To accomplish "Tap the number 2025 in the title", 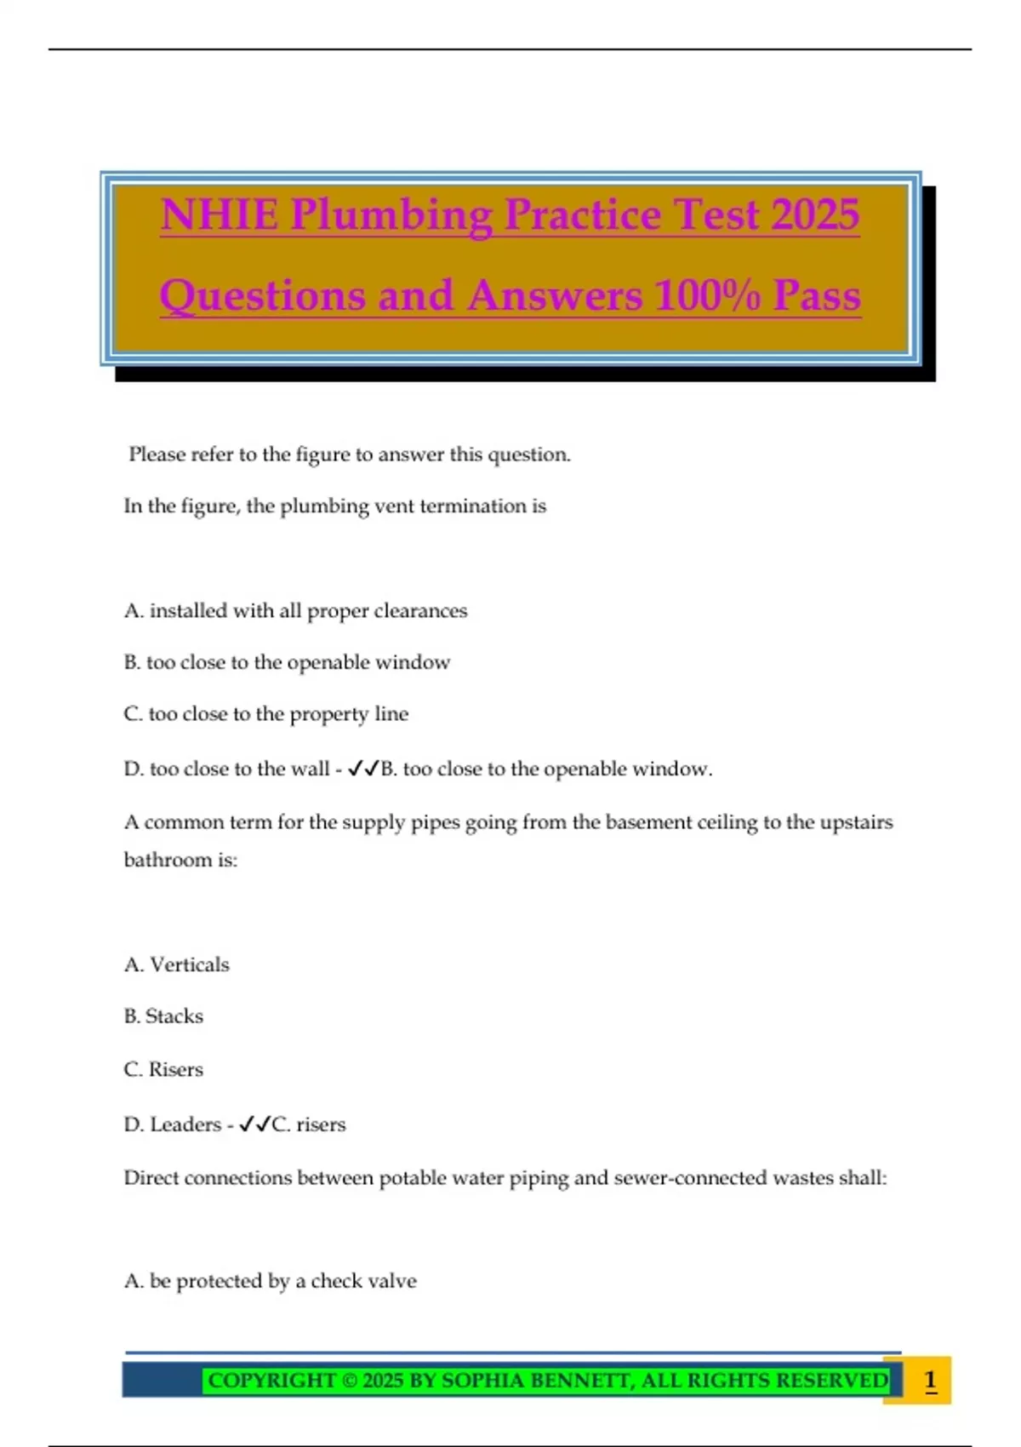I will click(815, 214).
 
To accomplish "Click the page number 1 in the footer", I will click(930, 1380).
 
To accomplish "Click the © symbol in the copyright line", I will click(349, 1380).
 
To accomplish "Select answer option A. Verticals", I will click(177, 964).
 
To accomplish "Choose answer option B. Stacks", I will click(163, 1016).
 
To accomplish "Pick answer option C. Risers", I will click(163, 1069).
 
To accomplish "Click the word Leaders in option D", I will click(185, 1124).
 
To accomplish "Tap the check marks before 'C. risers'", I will click(254, 1124).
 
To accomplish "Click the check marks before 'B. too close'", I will click(363, 769).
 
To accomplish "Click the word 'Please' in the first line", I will click(157, 455).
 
